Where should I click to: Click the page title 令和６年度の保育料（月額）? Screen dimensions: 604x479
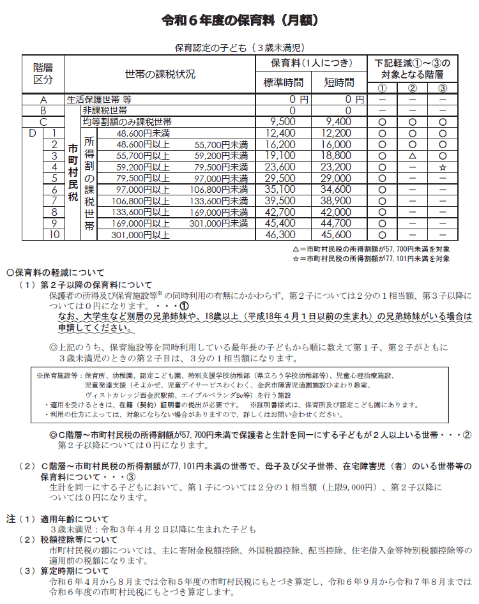(240, 21)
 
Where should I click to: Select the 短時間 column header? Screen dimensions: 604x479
(338, 82)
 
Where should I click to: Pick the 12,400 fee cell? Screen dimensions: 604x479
(282, 133)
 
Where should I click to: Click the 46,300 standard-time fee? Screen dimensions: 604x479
(282, 235)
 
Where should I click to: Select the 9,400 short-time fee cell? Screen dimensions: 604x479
(338, 121)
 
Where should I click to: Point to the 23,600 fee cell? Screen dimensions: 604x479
(282, 167)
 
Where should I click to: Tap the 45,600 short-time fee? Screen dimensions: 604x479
(338, 235)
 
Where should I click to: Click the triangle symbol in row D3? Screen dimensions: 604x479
(412, 156)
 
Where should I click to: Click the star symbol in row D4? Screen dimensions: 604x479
(442, 167)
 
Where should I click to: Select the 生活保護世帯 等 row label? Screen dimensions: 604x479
(99, 100)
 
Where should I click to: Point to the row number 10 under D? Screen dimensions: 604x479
(54, 235)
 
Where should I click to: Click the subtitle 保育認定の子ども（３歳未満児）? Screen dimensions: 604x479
(240, 47)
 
